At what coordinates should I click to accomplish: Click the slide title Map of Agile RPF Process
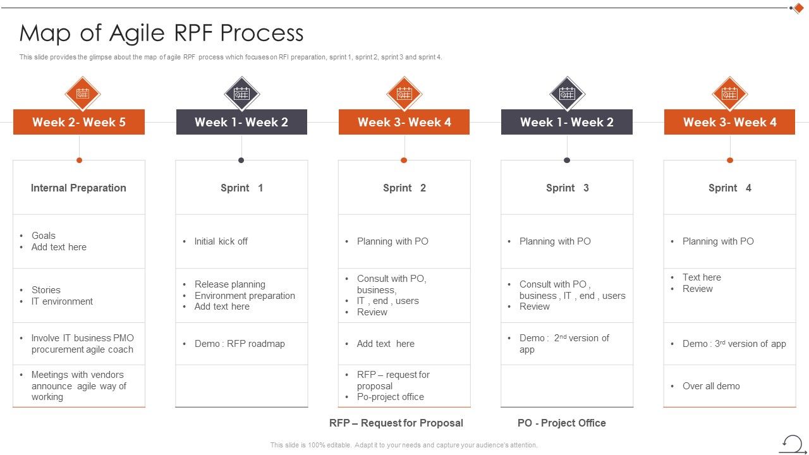pos(161,33)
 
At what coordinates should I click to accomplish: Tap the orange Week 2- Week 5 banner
pos(79,122)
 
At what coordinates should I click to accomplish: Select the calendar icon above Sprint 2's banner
pos(404,94)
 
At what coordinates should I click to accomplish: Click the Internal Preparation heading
pos(78,188)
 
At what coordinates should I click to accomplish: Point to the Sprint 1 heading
pos(241,188)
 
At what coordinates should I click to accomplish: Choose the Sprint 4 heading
pos(729,188)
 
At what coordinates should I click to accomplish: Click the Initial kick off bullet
pos(221,241)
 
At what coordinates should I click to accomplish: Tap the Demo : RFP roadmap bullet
pos(240,344)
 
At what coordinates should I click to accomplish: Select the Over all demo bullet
pos(711,386)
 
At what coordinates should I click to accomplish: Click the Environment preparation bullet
pos(245,296)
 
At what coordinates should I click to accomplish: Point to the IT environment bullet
pos(62,301)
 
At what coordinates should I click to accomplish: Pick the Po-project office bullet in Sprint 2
pos(390,397)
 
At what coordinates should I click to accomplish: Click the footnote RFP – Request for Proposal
pos(396,423)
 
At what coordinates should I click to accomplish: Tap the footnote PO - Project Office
pos(561,423)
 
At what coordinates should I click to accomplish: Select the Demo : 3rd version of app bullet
pos(734,344)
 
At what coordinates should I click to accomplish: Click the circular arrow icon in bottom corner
pos(792,443)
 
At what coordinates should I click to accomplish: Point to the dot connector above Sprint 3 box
pos(567,161)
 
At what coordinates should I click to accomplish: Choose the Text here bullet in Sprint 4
pos(702,277)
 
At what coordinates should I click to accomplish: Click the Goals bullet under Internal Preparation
pos(44,236)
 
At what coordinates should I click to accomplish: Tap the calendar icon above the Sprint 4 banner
pos(729,94)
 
